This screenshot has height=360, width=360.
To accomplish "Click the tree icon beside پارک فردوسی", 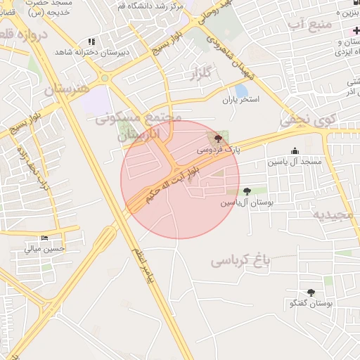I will pyautogui.click(x=217, y=138).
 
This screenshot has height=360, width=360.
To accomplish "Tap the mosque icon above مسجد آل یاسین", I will pyautogui.click(x=294, y=150).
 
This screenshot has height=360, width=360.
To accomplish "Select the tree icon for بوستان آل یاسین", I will pyautogui.click(x=246, y=191).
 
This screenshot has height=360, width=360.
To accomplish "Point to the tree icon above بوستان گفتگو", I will pyautogui.click(x=311, y=292).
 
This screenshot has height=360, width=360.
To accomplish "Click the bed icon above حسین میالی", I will pyautogui.click(x=45, y=238).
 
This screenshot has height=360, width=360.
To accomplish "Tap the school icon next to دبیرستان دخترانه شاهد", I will pyautogui.click(x=91, y=42).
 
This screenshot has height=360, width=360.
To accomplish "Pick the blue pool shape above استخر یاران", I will pyautogui.click(x=241, y=90).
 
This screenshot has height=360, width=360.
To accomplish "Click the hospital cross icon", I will pyautogui.click(x=356, y=32).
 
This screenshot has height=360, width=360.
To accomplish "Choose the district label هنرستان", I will pyautogui.click(x=67, y=89).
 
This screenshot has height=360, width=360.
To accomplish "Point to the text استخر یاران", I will pyautogui.click(x=241, y=101).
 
